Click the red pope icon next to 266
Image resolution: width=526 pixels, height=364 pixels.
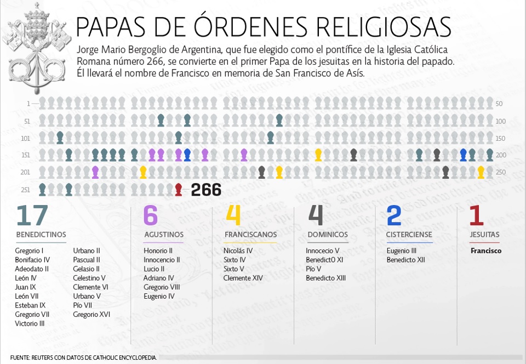178,190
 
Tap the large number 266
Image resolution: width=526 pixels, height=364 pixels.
206,190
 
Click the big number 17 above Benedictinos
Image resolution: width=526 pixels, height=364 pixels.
32,215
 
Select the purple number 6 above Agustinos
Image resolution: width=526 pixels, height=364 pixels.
150,215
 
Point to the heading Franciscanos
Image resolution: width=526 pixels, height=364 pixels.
250,235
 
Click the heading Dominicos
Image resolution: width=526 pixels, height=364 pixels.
327,235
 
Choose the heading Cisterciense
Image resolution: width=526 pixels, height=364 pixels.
409,235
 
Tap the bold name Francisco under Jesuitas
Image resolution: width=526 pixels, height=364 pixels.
486,251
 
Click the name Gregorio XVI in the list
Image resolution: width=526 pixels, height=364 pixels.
92,315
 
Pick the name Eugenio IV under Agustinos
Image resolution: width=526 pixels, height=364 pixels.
159,297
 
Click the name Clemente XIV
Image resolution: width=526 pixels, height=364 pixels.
243,278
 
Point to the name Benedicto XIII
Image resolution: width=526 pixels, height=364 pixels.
325,278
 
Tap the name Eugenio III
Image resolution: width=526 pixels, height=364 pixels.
402,251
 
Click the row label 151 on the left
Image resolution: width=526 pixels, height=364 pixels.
26,155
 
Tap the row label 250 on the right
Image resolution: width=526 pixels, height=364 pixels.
499,172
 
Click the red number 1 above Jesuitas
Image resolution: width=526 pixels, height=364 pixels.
476,215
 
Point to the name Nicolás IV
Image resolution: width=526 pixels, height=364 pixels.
238,251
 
